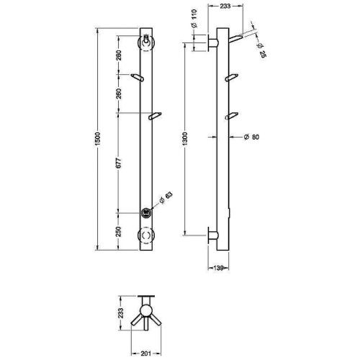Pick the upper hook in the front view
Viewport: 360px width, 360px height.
[140, 75]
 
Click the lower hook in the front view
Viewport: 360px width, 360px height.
[154, 115]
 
